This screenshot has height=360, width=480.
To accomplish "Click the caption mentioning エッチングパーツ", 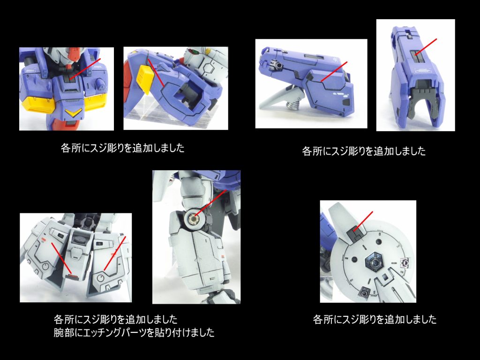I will tap(134, 333).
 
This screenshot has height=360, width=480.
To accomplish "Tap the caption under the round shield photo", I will tap(375, 320).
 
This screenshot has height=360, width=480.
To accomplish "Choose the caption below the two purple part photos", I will tap(364, 151).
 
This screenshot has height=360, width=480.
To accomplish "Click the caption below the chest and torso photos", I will tap(123, 149).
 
